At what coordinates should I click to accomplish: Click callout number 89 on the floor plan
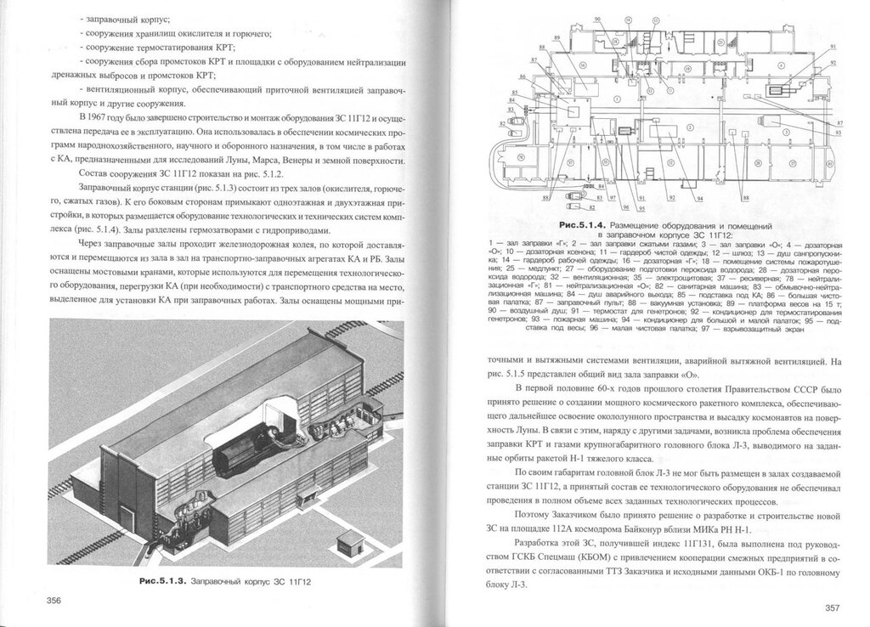tap(556, 39)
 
